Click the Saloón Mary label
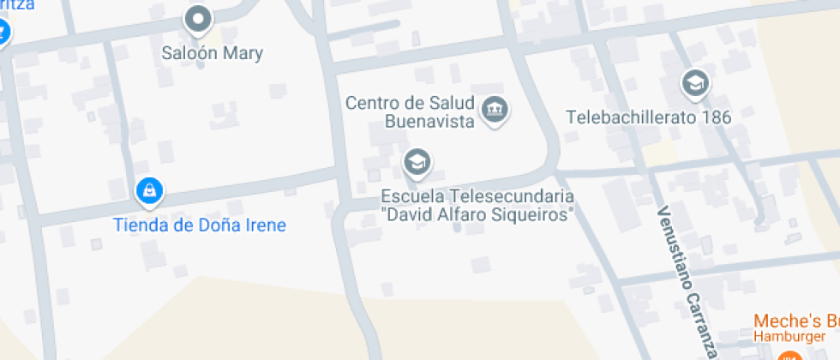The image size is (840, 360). pyautogui.click(x=213, y=53)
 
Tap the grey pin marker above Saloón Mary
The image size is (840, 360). pyautogui.click(x=199, y=19)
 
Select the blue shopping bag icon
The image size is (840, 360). pyautogui.click(x=150, y=191)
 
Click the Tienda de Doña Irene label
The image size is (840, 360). pyautogui.click(x=200, y=225)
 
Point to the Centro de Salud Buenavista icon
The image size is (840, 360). pyautogui.click(x=495, y=110)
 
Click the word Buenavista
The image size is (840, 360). pyautogui.click(x=428, y=121)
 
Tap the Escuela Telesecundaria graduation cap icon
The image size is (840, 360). pyautogui.click(x=417, y=161)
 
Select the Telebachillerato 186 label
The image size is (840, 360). pyautogui.click(x=649, y=117)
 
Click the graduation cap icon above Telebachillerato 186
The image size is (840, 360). pyautogui.click(x=695, y=83)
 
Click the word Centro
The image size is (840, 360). pyautogui.click(x=374, y=103)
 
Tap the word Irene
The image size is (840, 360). pyautogui.click(x=262, y=225)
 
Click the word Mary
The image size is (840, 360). pyautogui.click(x=243, y=53)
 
